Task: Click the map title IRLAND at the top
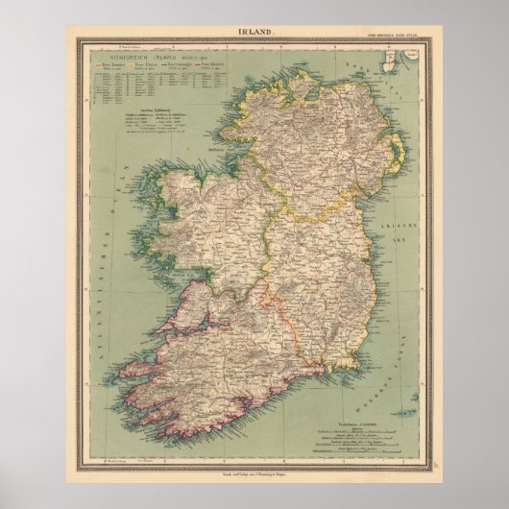click(254, 33)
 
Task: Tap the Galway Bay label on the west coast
click(162, 280)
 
